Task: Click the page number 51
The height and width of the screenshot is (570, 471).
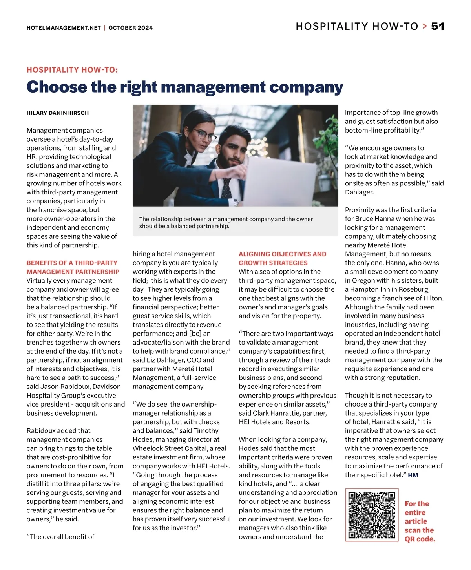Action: tap(438, 26)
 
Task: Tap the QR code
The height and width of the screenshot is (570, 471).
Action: tap(371, 515)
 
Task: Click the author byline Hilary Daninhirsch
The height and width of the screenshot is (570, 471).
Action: tap(58, 113)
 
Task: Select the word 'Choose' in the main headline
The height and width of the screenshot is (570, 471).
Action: tap(57, 87)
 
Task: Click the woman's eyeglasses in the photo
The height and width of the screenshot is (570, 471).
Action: tap(205, 135)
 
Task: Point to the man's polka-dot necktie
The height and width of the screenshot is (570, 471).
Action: tap(226, 188)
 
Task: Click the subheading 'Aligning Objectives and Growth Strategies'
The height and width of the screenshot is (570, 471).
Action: tap(283, 258)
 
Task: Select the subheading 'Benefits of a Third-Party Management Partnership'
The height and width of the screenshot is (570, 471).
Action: tap(73, 267)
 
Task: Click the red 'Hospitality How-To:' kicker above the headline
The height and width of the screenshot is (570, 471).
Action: tap(72, 70)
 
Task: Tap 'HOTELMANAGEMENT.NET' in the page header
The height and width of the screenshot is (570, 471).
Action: tap(64, 28)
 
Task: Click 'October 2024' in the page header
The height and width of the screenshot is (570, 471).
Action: tap(131, 28)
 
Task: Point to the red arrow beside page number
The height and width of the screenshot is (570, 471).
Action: tap(425, 26)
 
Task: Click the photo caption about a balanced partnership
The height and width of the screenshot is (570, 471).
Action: tap(226, 222)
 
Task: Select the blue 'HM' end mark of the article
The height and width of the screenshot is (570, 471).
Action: tap(413, 475)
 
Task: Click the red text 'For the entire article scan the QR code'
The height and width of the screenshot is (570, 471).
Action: tap(420, 521)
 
